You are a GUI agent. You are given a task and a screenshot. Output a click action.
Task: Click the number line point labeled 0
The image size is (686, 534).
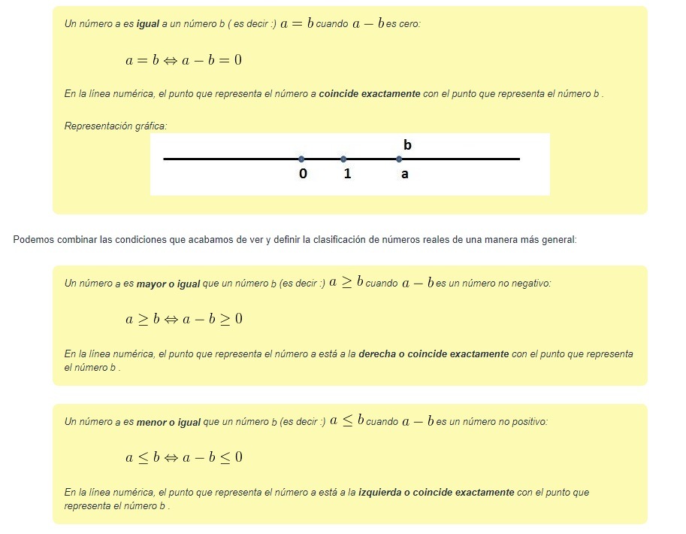pos(301,159)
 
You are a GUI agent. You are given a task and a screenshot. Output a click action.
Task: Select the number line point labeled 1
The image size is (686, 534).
pos(343,159)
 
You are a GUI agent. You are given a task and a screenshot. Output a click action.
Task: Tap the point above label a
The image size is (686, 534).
pos(399,159)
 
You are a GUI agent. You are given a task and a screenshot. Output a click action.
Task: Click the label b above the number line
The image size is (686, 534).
pos(407,144)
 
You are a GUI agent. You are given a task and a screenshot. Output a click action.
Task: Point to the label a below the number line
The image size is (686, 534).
pos(405,174)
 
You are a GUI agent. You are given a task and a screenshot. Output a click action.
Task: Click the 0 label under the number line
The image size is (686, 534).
pos(303,174)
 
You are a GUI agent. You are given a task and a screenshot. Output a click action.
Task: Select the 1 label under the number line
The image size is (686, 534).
pos(347,174)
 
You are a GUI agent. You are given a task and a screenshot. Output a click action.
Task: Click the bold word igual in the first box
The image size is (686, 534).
pos(148,24)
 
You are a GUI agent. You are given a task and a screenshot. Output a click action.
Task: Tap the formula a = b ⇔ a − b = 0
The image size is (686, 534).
pos(183,59)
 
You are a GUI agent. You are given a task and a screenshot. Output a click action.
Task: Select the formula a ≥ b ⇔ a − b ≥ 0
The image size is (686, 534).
pos(183,319)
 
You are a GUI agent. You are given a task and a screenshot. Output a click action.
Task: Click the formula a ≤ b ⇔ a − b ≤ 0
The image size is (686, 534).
pos(183,457)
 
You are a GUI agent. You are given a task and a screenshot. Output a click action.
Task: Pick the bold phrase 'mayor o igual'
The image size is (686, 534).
pos(168,284)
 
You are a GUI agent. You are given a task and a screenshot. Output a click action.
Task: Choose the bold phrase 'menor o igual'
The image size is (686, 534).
pos(168,423)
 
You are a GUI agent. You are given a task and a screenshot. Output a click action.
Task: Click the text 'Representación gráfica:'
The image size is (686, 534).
pos(115,126)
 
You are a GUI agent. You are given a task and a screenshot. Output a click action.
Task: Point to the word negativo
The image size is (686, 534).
pos(532,284)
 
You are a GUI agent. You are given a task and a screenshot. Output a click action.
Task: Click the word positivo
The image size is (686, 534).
pos(529,423)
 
